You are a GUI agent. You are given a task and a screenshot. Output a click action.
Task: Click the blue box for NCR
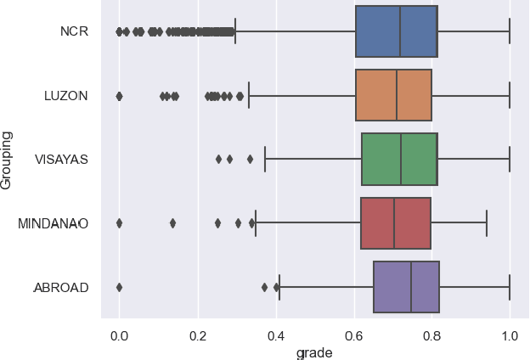coord(396,31)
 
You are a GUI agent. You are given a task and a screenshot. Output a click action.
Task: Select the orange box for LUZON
coord(393,95)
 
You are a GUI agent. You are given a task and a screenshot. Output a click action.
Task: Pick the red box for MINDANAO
coord(395,223)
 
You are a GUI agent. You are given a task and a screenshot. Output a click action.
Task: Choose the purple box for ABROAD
coord(406,287)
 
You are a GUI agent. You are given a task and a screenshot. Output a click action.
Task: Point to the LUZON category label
coord(65,95)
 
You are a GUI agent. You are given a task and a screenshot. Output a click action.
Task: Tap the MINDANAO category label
coord(53,223)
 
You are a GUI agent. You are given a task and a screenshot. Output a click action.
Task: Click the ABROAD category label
coord(60,287)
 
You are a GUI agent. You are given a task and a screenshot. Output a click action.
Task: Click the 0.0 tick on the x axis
coord(119,335)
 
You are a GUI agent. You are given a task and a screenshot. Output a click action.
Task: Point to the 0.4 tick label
coord(275,335)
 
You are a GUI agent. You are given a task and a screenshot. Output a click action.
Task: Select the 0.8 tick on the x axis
coord(431,335)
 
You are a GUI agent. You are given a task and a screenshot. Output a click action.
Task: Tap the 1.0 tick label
coord(510,335)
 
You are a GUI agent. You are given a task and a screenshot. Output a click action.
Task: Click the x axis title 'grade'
coord(313,352)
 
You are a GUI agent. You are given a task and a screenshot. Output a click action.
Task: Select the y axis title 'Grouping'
coord(8,159)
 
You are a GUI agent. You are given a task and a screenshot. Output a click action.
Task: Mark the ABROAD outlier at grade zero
coord(119,287)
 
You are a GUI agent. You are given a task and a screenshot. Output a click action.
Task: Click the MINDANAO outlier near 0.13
coord(172,223)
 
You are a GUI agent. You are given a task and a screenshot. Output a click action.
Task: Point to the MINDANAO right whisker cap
coord(487,223)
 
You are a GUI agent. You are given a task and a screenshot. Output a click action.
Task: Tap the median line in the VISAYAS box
coord(401,159)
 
